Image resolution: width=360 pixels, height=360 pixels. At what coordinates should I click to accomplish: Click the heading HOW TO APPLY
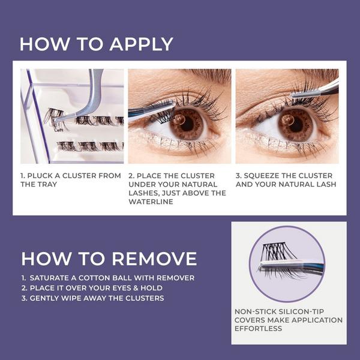[x=96, y=44]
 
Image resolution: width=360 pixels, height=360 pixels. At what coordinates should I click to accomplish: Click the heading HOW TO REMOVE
[x=109, y=259]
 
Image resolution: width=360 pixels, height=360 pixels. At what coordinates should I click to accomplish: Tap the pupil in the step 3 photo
[x=290, y=123]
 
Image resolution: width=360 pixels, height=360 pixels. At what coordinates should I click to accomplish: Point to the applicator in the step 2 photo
[x=150, y=110]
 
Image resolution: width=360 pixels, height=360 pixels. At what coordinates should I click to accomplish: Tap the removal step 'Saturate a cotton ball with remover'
[x=108, y=278]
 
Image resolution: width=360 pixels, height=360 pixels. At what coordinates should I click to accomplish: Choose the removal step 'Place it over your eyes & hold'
[x=96, y=288]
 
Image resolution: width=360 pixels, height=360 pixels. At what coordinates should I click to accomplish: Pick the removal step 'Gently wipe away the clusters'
[x=92, y=298]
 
